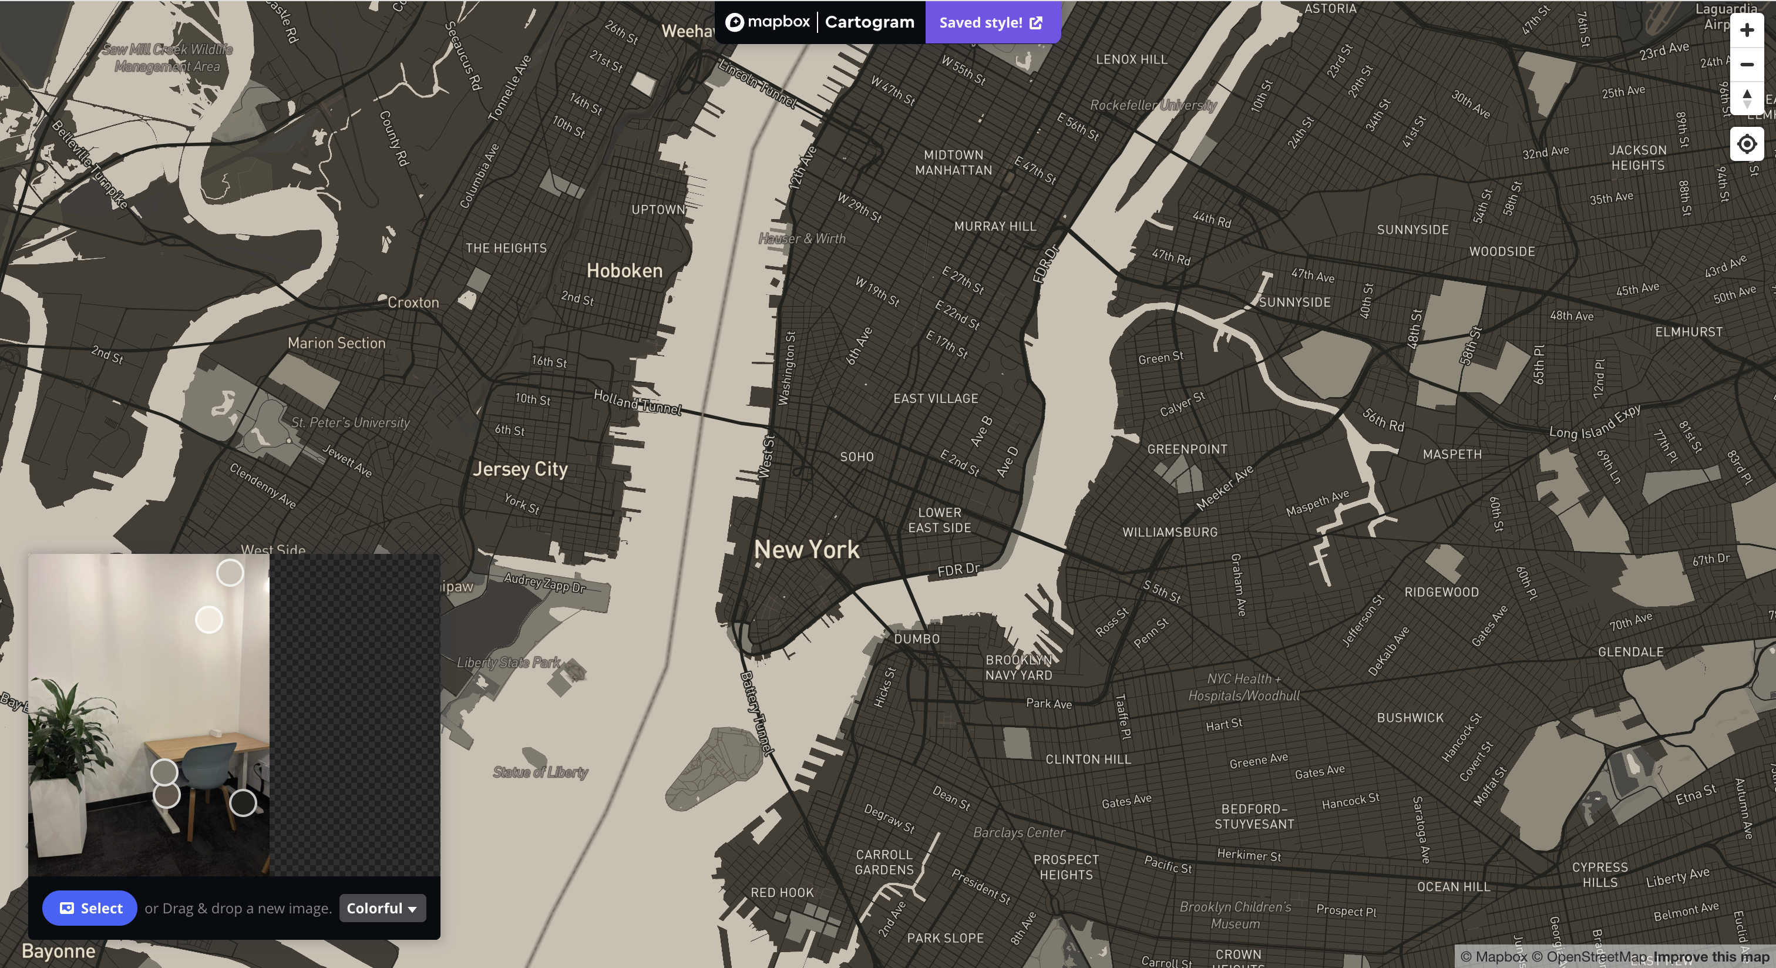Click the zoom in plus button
coord(1747,31)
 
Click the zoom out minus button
coord(1747,65)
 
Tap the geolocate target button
coord(1747,144)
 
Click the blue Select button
coord(90,908)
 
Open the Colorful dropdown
coord(382,908)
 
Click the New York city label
coord(806,550)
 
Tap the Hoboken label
coord(624,271)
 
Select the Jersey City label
coord(520,469)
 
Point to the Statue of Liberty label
coord(540,772)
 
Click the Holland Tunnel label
coord(637,401)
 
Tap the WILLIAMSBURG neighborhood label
coord(1169,532)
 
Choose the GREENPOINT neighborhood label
coord(1186,449)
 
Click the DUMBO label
coord(916,639)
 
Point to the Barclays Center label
coord(1018,832)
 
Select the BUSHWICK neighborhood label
coord(1410,718)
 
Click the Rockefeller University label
coord(1153,105)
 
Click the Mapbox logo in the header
coord(768,22)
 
